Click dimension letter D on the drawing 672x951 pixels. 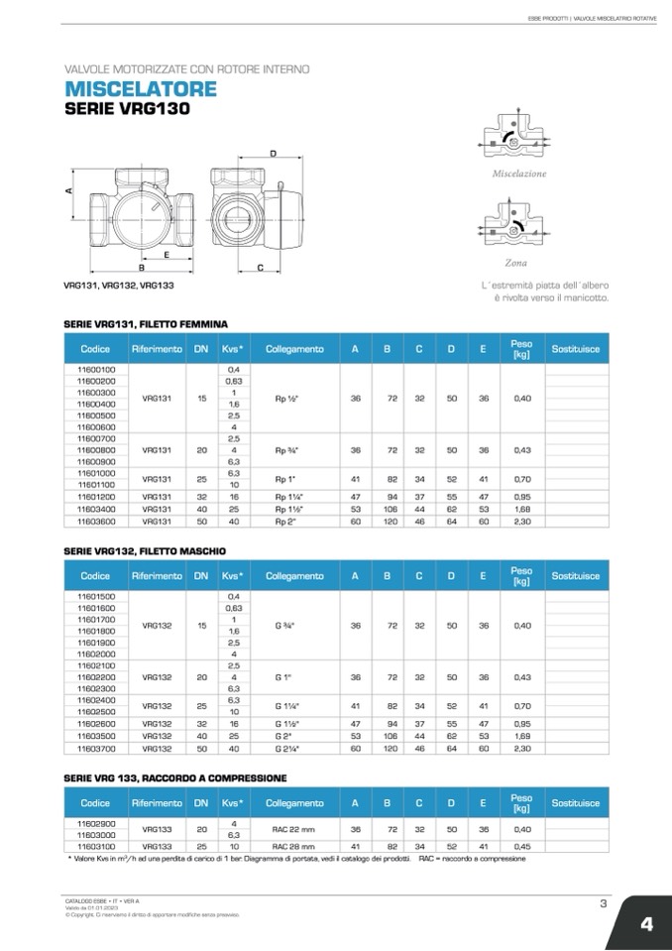tap(273, 154)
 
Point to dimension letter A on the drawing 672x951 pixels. tap(70, 192)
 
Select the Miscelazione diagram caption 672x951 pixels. tap(519, 174)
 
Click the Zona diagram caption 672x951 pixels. tap(515, 263)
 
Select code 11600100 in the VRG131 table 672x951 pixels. tap(96, 369)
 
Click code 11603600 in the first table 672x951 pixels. tap(96, 520)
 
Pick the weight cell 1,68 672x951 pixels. tap(522, 509)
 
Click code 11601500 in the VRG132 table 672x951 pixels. tap(96, 596)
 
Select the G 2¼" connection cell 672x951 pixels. tap(288, 750)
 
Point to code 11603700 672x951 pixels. tap(96, 750)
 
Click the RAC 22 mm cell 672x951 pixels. tap(292, 828)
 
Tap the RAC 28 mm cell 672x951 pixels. tap(292, 847)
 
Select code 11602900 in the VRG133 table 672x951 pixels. tap(96, 823)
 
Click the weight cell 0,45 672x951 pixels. tap(522, 847)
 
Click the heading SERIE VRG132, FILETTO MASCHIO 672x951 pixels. tap(145, 550)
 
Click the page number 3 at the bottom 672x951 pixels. tap(603, 901)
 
